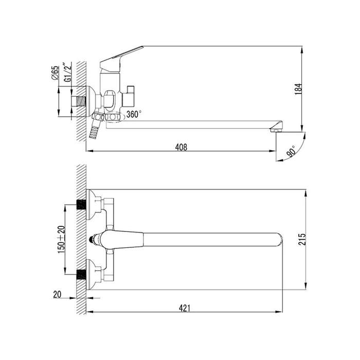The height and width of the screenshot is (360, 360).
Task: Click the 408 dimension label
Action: (181, 147)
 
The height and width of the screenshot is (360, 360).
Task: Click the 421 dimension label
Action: (185, 308)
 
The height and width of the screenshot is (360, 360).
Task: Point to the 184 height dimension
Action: (298, 89)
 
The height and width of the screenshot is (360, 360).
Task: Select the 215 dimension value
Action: (302, 239)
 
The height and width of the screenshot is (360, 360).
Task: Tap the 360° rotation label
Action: (134, 114)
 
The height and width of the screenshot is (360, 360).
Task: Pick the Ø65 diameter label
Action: (56, 73)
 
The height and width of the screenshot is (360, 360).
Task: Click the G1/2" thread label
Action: (68, 71)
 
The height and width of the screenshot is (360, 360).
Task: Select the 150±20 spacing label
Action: (61, 240)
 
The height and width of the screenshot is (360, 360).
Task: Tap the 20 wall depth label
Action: (57, 294)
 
